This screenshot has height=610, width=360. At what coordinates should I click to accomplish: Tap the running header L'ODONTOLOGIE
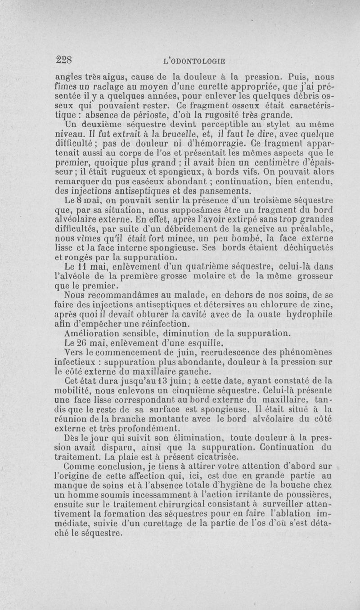(196, 60)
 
